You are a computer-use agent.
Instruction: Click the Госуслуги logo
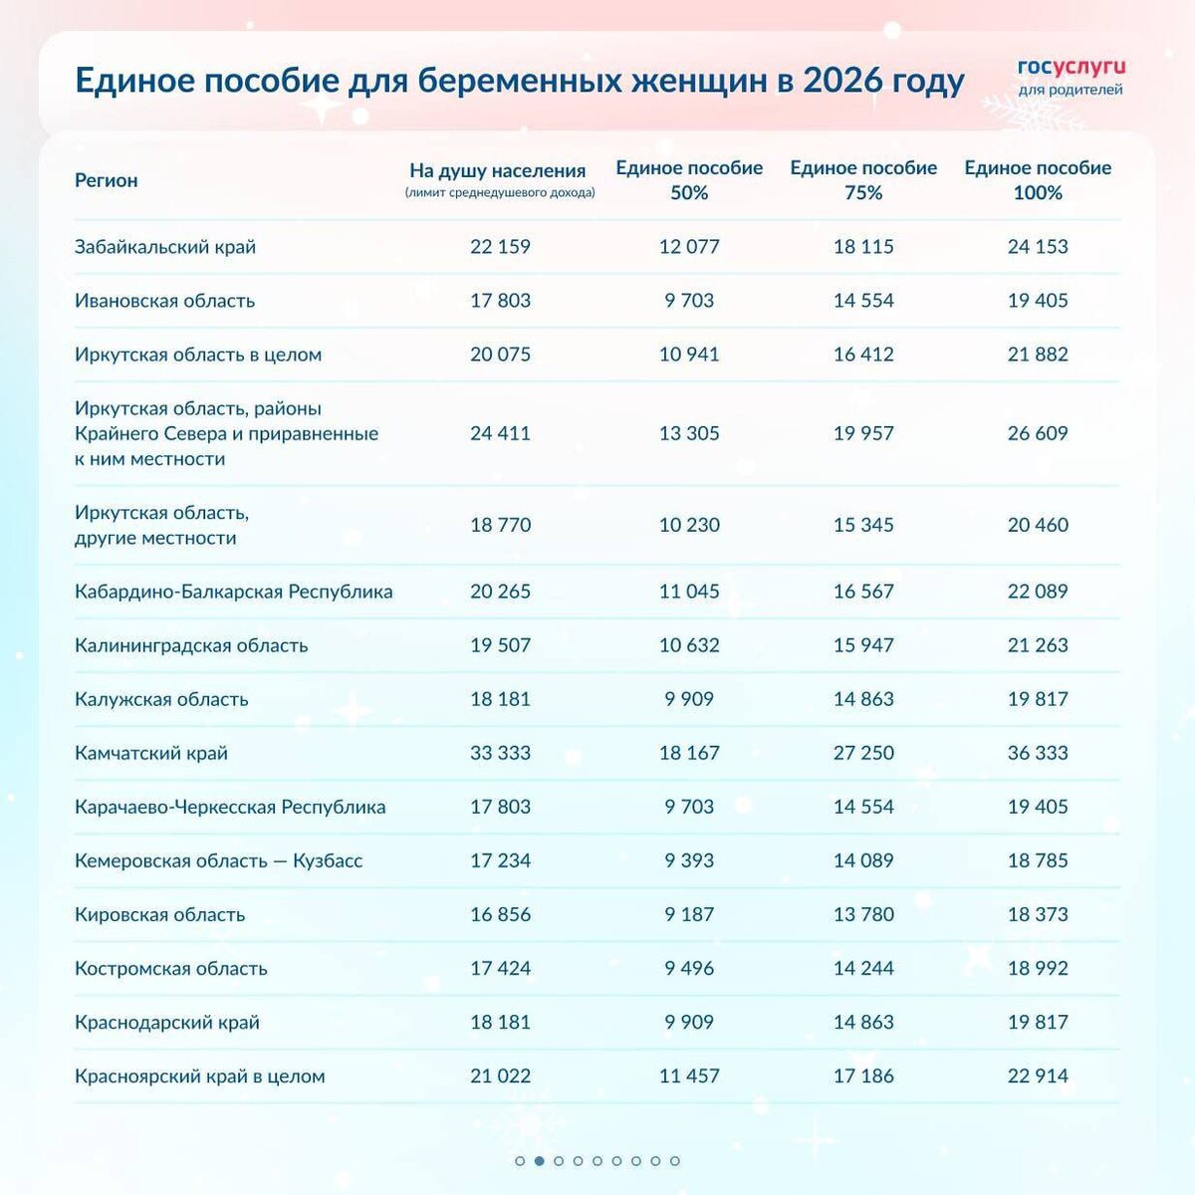pos(1071,76)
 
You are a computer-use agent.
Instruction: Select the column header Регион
pos(106,180)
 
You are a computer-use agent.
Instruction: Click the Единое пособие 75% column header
pos(863,180)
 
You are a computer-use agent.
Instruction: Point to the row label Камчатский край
pos(151,753)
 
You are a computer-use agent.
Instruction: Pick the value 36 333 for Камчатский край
pos(1038,753)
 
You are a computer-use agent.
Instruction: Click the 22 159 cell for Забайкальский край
pos(500,246)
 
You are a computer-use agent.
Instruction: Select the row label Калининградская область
pos(191,645)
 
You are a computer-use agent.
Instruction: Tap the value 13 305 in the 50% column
pos(689,433)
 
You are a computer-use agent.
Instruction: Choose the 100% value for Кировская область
pos(1038,914)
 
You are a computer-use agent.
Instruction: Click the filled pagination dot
pos(539,1161)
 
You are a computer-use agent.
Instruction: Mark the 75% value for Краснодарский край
pos(863,1022)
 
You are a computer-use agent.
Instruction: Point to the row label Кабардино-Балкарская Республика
pos(233,592)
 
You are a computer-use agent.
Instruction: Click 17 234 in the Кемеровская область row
pos(500,860)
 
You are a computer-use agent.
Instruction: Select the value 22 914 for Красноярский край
pos(1038,1075)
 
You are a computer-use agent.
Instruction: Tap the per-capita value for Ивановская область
pos(500,300)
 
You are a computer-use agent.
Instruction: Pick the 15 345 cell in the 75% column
pos(863,525)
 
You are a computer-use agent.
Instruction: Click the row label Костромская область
pos(171,968)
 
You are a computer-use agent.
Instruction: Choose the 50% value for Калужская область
pos(689,699)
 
